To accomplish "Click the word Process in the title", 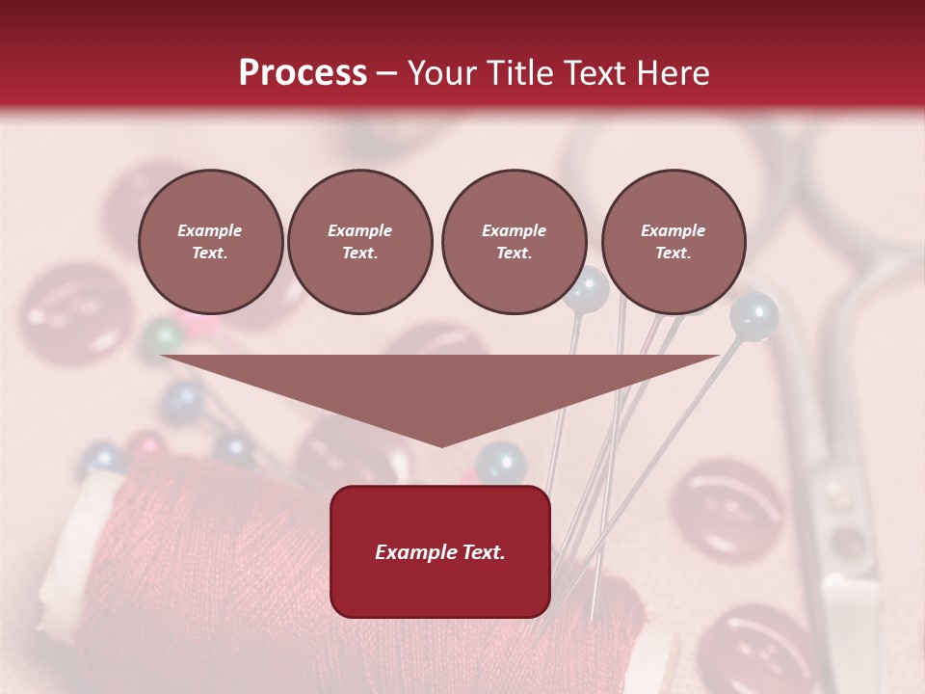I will click(x=303, y=73).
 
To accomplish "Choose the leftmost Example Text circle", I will click(x=210, y=242).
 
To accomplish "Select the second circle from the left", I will click(x=359, y=242).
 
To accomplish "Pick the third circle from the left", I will click(x=514, y=242).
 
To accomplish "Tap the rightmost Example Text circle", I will click(x=673, y=242).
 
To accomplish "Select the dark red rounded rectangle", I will click(x=440, y=550).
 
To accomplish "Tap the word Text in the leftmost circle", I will click(x=210, y=254).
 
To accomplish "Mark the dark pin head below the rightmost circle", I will click(x=753, y=314).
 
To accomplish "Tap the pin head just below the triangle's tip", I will click(x=500, y=464).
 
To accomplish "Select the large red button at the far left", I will click(x=72, y=313).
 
